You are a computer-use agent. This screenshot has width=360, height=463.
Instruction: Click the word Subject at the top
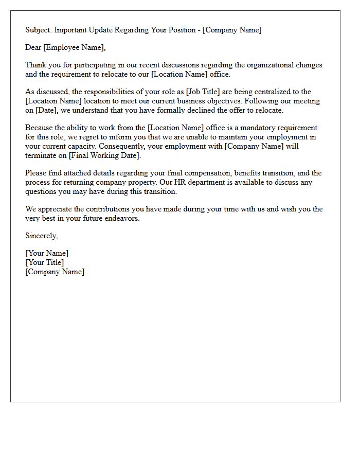pos(38,30)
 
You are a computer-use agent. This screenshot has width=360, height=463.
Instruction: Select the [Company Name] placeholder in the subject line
pos(232,30)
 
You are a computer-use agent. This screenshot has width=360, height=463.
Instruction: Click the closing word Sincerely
pos(42,236)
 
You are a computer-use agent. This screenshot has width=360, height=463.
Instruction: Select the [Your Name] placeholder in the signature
pos(47,253)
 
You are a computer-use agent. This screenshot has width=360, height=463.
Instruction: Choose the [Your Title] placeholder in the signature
pos(45,262)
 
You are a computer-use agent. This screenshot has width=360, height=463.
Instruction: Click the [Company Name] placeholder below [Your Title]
pos(55,272)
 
